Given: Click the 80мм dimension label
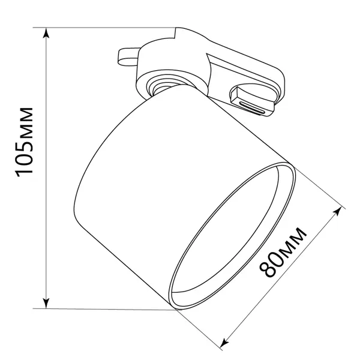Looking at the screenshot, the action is (283, 252).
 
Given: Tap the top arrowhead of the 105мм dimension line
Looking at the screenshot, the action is (46, 32).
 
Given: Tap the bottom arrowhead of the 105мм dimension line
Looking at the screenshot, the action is (46, 303).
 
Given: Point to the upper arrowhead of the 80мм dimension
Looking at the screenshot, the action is (337, 211).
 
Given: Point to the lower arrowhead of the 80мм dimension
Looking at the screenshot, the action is (224, 343).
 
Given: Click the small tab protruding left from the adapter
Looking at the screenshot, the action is (128, 57).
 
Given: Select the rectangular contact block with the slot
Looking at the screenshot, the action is (252, 101).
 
